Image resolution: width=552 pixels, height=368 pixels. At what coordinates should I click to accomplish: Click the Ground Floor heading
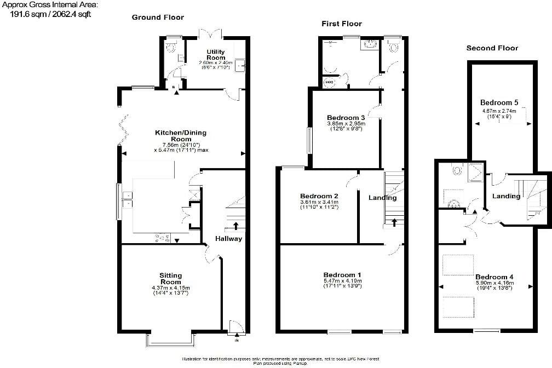158,18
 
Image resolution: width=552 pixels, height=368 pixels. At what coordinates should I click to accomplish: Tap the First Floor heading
341,24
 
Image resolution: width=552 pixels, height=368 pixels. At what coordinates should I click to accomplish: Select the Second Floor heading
492,48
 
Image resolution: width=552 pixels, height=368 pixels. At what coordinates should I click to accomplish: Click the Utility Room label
215,55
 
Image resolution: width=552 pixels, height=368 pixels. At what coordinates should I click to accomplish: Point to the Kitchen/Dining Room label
181,136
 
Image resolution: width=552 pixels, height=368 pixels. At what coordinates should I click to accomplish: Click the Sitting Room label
170,279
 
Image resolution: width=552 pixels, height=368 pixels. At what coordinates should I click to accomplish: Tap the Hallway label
228,239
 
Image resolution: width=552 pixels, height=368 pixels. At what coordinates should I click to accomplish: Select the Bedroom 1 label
342,275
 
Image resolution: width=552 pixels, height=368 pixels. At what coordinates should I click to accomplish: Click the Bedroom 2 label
319,196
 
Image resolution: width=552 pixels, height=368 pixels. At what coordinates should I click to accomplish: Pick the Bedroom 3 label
346,118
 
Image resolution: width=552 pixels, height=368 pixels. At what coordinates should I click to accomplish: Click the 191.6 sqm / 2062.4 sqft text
50,15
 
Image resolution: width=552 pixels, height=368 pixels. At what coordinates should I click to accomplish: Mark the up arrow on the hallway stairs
236,225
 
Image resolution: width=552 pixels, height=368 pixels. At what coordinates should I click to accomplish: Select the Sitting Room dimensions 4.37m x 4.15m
170,288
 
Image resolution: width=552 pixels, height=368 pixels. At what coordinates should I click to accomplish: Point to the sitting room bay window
170,340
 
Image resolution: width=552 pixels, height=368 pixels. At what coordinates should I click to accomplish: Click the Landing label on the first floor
382,198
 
